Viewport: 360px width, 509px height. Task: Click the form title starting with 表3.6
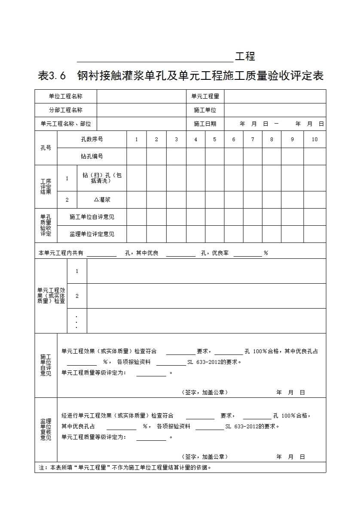(180, 76)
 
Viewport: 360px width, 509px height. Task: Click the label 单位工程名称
(66, 97)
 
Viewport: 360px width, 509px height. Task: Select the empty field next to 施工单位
(275, 110)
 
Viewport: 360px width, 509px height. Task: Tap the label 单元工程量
(205, 97)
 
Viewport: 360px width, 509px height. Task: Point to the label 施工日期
(205, 124)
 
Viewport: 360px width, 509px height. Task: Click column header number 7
(253, 139)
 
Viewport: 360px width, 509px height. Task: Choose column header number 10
(314, 139)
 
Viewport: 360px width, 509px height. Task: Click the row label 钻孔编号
(92, 157)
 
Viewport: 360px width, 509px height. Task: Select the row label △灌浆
(102, 200)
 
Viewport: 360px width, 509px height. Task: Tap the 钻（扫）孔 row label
(102, 178)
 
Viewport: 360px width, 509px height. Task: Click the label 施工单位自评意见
(92, 217)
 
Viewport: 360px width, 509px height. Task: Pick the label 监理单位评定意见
(92, 234)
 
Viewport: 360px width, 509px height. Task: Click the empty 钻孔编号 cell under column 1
(137, 157)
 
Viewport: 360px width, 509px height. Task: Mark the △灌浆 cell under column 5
(214, 200)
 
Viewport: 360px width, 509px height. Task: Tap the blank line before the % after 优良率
(247, 253)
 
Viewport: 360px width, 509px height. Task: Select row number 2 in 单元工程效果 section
(77, 296)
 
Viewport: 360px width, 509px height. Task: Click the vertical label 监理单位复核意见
(46, 430)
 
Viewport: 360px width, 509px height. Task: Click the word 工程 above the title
(245, 56)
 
